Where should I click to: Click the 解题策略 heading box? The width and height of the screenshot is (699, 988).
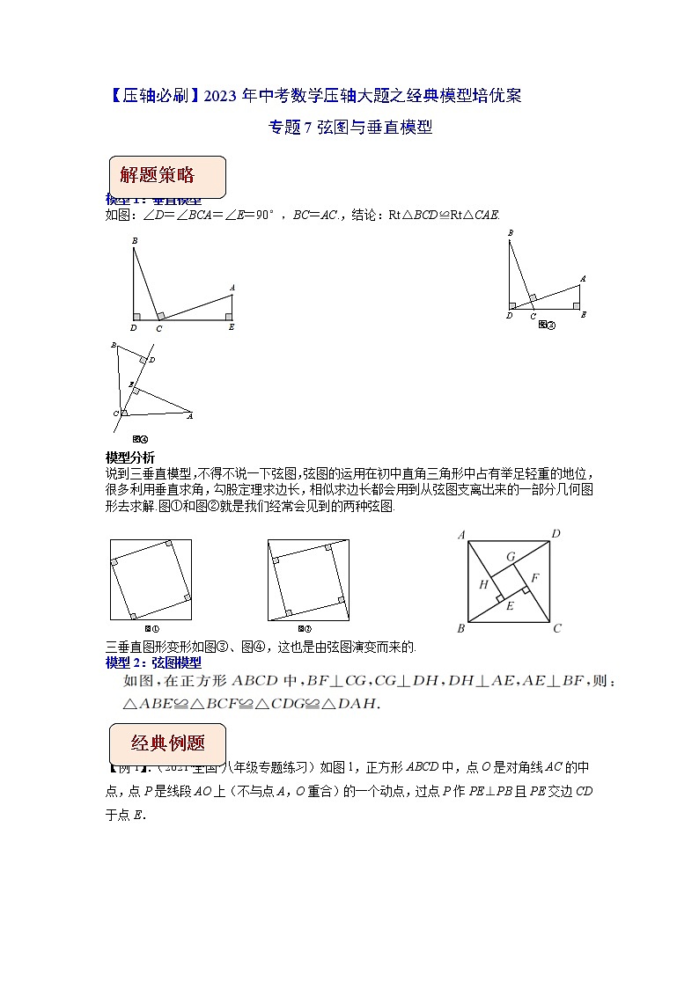click(x=166, y=176)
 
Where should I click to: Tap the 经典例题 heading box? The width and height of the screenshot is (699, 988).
click(x=166, y=743)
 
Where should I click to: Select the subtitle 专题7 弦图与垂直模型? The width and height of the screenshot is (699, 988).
click(x=349, y=128)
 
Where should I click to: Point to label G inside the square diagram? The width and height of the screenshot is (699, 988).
click(x=510, y=556)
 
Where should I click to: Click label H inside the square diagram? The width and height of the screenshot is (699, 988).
click(x=483, y=584)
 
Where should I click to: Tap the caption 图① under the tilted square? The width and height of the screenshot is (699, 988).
click(x=151, y=628)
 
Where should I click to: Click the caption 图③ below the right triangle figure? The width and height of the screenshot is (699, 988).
click(x=547, y=324)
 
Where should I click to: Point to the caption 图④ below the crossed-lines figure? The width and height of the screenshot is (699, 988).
click(x=139, y=438)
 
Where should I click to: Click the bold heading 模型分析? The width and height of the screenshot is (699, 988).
click(x=129, y=457)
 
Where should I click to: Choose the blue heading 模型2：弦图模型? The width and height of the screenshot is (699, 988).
click(x=153, y=662)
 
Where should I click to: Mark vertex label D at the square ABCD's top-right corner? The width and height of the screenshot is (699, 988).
click(x=556, y=534)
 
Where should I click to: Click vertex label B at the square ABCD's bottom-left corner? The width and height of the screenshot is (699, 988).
click(x=460, y=628)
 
